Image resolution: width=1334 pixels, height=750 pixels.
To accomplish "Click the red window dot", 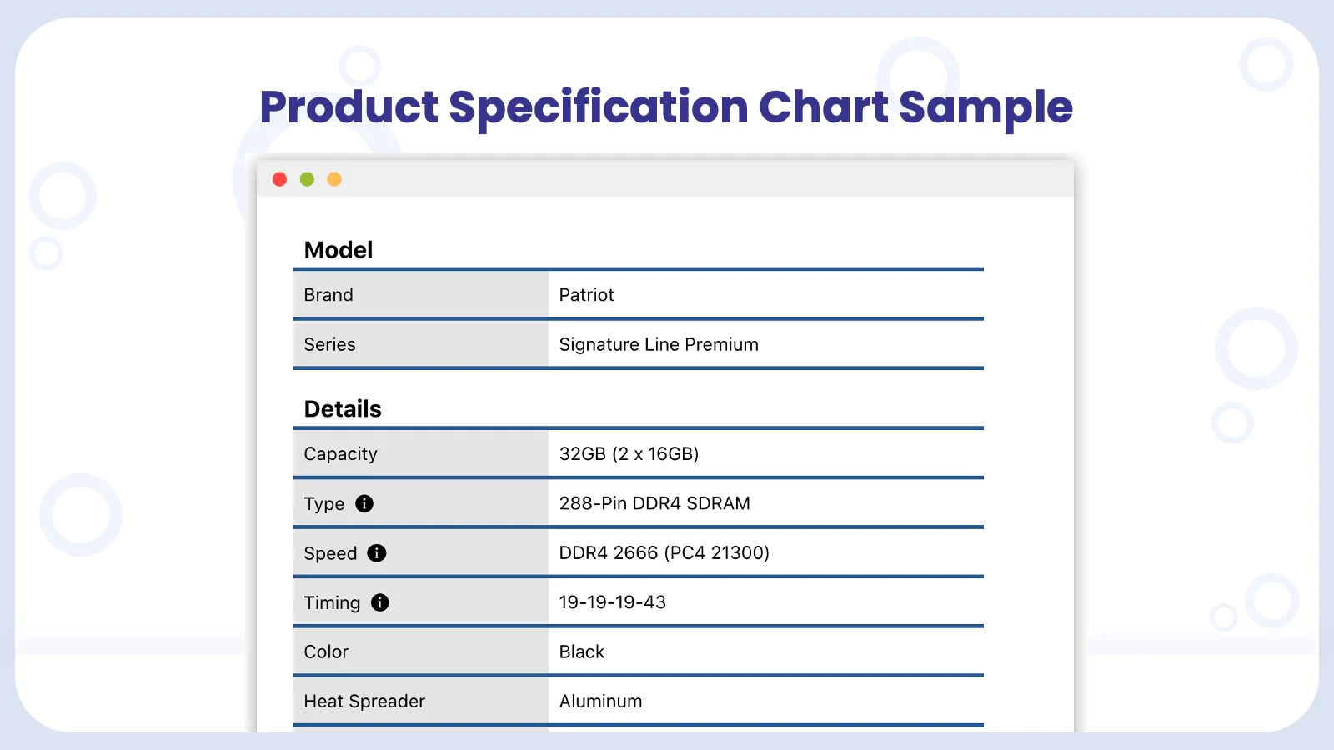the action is point(279,179).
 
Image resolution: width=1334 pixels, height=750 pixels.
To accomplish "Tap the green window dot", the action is point(307,179).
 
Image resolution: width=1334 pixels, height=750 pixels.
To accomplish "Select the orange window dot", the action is point(334,179).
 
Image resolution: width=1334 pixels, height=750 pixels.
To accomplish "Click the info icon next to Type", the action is point(364,503).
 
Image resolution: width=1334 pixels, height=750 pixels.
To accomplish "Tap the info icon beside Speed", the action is point(376,553).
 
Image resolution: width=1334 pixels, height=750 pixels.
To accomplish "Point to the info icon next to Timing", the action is point(380,602).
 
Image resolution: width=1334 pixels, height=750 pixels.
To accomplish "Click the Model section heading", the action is point(339,250).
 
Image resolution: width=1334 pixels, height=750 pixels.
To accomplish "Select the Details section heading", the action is point(343,409).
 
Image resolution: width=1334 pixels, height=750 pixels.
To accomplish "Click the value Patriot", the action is point(586,295).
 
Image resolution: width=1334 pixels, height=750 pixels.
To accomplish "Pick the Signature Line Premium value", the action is point(659,345).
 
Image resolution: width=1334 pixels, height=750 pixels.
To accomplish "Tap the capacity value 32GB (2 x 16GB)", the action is point(629,453).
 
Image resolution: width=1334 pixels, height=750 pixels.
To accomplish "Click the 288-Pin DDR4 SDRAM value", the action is point(654,503).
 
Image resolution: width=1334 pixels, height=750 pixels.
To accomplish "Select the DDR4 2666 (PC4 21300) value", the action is point(664,553).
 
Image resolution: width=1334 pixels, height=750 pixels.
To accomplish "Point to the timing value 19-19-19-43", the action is point(612,602).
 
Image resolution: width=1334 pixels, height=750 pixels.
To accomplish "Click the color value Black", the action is point(581,652).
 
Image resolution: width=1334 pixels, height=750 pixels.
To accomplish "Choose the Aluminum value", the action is point(600,701).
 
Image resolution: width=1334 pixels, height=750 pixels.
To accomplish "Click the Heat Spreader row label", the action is point(364,702).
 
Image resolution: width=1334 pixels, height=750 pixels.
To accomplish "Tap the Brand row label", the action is point(328,295).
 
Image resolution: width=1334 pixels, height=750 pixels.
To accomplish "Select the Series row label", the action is point(329,345).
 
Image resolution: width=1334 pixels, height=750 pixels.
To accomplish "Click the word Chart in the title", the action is point(823,107).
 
